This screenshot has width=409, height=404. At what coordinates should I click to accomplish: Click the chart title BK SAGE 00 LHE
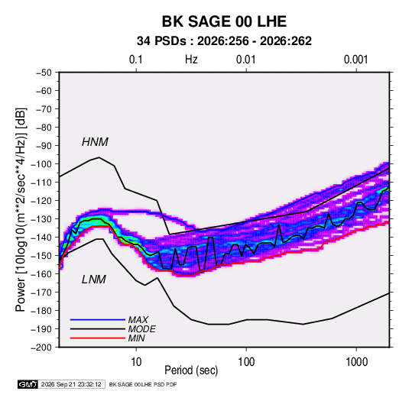[x=224, y=21]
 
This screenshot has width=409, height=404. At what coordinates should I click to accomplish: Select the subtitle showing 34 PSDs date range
[x=224, y=41]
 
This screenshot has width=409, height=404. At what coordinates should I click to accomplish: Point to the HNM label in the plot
[x=95, y=142]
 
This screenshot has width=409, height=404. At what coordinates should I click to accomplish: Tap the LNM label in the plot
[x=94, y=280]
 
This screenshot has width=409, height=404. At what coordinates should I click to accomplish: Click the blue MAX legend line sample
[x=98, y=319]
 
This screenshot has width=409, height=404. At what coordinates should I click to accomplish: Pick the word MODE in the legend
[x=141, y=329]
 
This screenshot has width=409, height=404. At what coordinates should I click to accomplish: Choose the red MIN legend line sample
[x=98, y=338]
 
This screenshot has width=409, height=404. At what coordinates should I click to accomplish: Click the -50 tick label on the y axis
[x=44, y=73]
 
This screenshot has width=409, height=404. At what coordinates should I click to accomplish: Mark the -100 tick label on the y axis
[x=41, y=164]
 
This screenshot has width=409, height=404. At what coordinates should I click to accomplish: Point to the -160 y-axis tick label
[x=41, y=274]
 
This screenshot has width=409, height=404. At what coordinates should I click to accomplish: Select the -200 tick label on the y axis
[x=41, y=347]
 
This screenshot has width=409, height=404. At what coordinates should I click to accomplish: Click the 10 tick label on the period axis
[x=136, y=362]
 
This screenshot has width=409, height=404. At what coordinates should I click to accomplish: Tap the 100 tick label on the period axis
[x=246, y=362]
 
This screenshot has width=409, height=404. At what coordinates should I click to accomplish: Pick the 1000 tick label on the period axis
[x=356, y=362]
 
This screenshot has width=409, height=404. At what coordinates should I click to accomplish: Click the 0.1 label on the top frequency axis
[x=136, y=60]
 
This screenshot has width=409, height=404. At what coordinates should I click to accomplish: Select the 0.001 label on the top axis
[x=356, y=60]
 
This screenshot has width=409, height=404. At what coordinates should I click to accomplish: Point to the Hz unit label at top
[x=191, y=60]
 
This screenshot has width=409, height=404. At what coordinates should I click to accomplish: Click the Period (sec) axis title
[x=191, y=370]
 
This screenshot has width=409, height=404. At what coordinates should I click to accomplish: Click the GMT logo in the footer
[x=28, y=384]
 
